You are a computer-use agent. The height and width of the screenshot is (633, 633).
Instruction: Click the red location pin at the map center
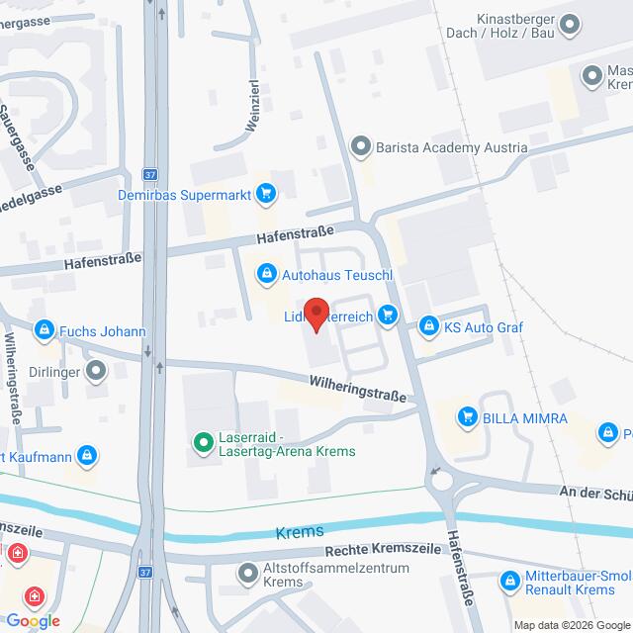click(316, 314)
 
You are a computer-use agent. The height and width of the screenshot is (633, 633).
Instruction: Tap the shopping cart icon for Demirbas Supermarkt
click(264, 195)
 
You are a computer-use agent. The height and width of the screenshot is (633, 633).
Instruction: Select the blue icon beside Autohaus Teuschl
click(265, 272)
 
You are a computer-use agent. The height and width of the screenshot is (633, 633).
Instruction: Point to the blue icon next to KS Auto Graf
click(428, 325)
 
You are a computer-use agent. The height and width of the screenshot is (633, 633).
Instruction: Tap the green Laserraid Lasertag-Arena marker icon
click(203, 442)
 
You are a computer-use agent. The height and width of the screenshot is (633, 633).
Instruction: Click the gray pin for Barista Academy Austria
click(360, 148)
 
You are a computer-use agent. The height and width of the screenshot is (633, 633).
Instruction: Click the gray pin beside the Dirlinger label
click(96, 371)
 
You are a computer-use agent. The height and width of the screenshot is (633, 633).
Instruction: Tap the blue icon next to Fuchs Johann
click(44, 330)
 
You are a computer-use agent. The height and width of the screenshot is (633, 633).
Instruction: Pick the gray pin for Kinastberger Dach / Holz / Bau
click(570, 25)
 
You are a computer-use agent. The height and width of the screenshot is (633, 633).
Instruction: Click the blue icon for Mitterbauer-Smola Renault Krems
click(509, 582)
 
